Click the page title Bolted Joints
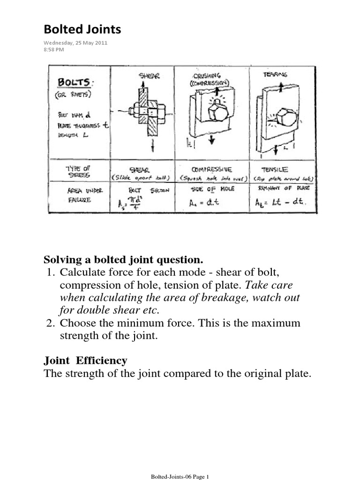(x=82, y=30)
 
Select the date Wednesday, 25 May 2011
(x=75, y=43)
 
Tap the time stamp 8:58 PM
(x=53, y=49)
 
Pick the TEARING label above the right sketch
(x=276, y=74)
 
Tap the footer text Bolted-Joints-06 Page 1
(x=180, y=476)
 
